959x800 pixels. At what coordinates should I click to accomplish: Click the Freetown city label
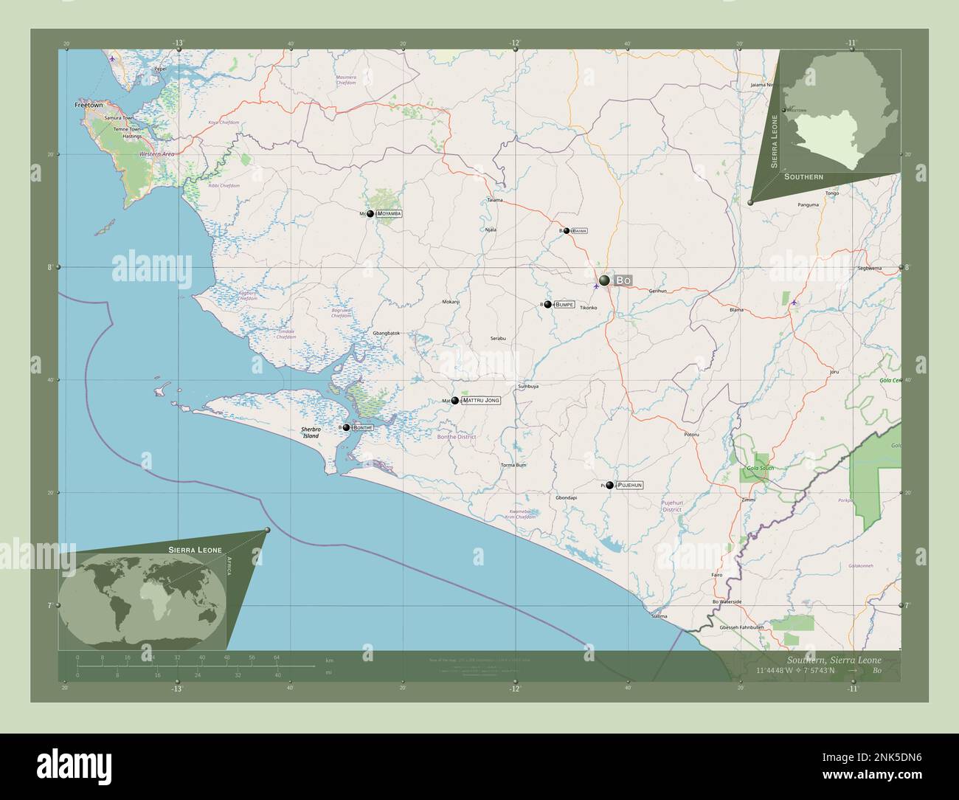[x=89, y=106]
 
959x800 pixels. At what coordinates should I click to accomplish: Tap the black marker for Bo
[x=605, y=280]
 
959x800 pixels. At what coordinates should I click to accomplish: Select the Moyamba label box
[x=390, y=213]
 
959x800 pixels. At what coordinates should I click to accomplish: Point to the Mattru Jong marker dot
[x=455, y=401]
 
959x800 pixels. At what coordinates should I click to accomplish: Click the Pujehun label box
[x=629, y=485]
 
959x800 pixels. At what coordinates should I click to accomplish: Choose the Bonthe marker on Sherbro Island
[x=346, y=427]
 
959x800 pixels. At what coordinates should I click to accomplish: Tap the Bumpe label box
[x=564, y=304]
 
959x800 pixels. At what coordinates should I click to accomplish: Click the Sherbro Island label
[x=310, y=432]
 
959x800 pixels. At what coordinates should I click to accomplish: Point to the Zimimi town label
[x=748, y=500]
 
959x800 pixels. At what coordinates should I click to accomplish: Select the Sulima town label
[x=659, y=615]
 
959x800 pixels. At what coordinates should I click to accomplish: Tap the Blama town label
[x=736, y=311]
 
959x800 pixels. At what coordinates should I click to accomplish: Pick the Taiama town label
[x=495, y=200]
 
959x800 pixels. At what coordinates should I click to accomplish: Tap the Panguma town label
[x=809, y=204]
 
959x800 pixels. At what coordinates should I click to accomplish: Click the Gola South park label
[x=760, y=469]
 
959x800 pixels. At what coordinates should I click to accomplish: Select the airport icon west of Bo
[x=596, y=286]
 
